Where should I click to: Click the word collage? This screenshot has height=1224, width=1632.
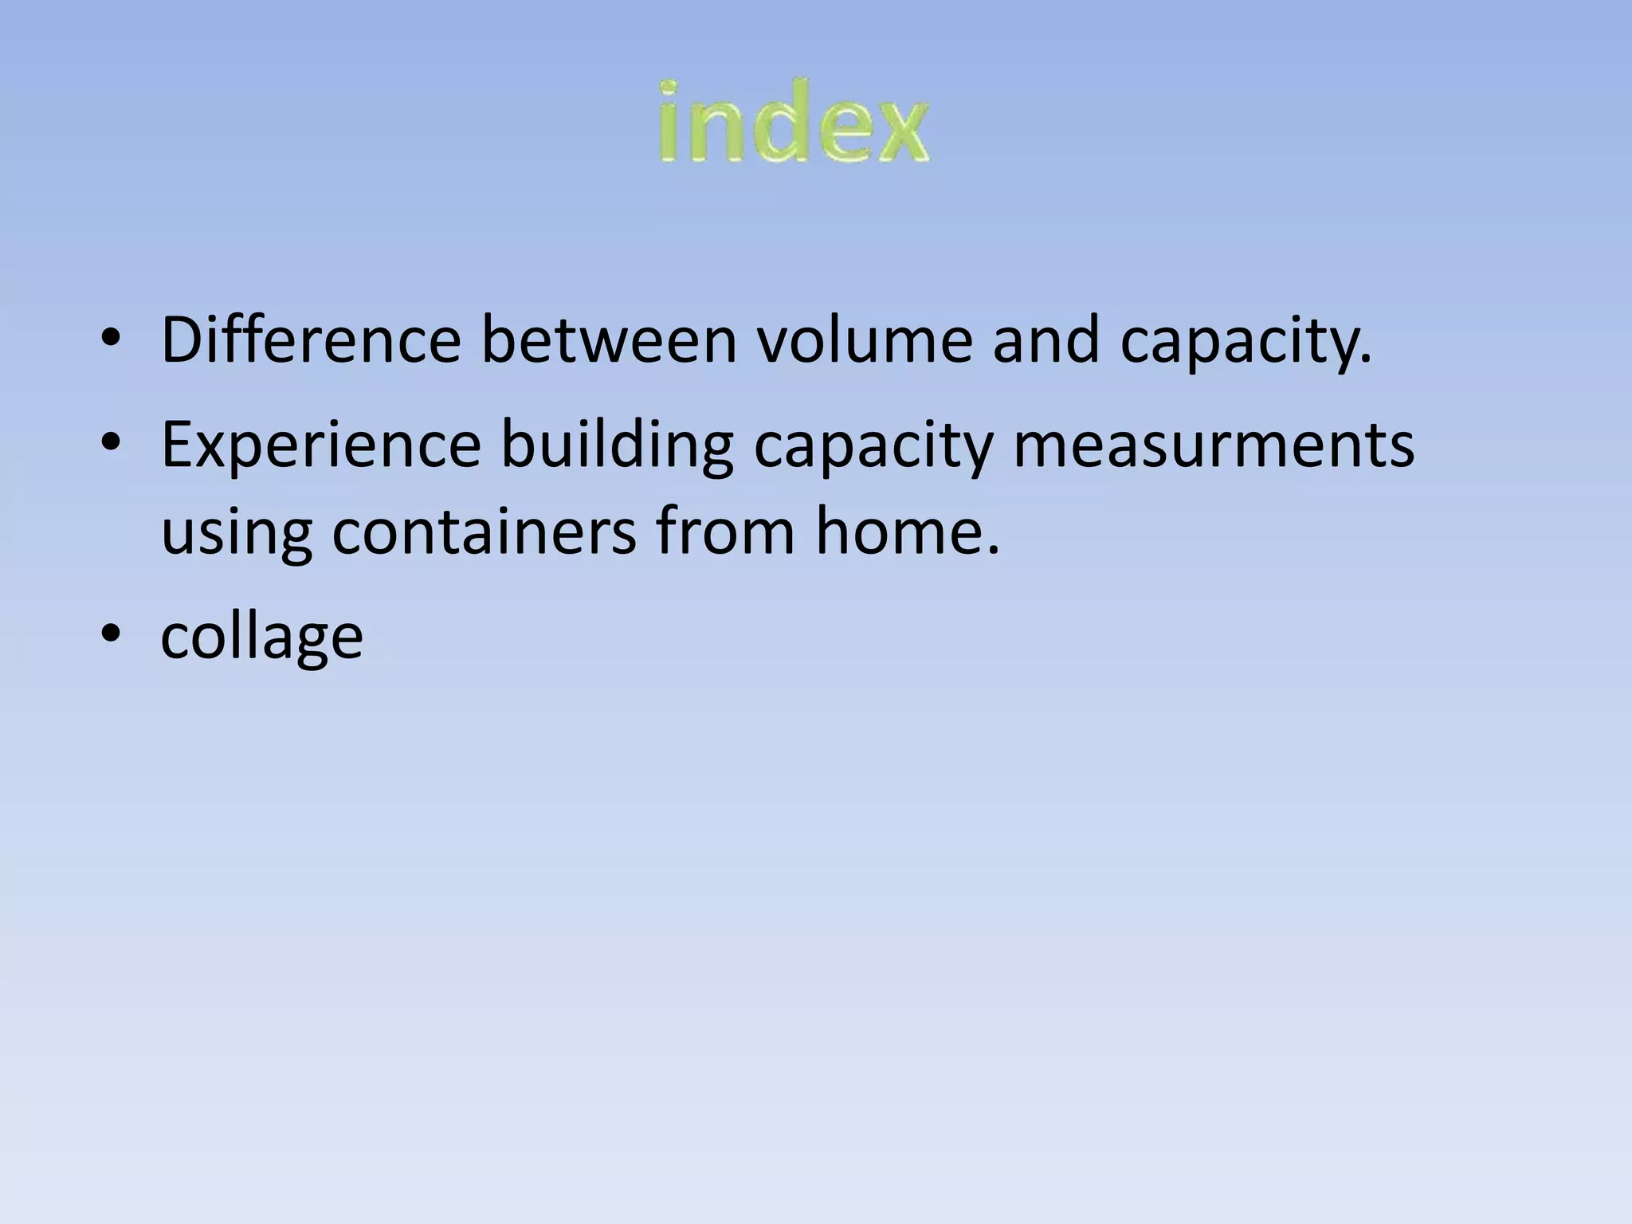pyautogui.click(x=261, y=637)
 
